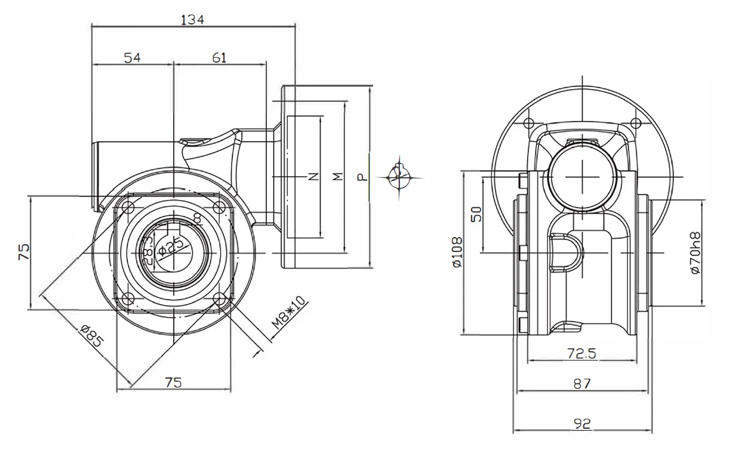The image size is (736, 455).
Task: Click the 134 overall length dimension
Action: (x=192, y=20)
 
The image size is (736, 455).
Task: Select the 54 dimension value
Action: (x=132, y=57)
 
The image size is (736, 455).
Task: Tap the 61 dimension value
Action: (x=219, y=57)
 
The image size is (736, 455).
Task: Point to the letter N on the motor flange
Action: (x=313, y=177)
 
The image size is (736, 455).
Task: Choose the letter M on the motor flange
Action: (x=337, y=177)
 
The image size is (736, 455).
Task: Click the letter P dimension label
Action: (x=362, y=177)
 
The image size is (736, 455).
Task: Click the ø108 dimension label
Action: (x=457, y=253)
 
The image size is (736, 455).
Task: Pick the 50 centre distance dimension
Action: (x=476, y=214)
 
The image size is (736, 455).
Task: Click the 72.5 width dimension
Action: (x=581, y=353)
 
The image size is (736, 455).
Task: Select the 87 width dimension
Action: (x=581, y=383)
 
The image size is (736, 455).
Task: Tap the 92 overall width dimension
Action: (x=581, y=423)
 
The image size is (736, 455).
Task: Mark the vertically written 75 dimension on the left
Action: (x=23, y=251)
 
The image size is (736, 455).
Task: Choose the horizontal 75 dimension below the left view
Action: (x=173, y=382)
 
